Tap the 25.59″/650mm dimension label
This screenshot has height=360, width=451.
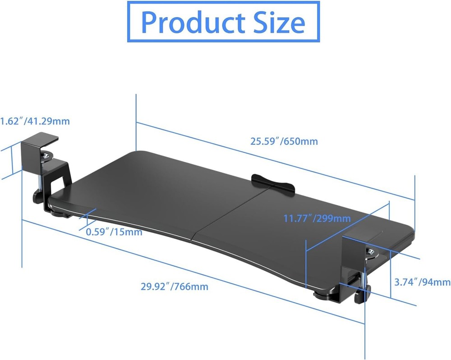(284, 141)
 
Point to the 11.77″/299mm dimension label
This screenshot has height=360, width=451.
(317, 219)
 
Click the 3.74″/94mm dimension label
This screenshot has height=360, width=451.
(422, 283)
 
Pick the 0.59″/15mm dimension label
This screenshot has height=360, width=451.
(114, 232)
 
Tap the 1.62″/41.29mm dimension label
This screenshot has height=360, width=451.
(35, 121)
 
